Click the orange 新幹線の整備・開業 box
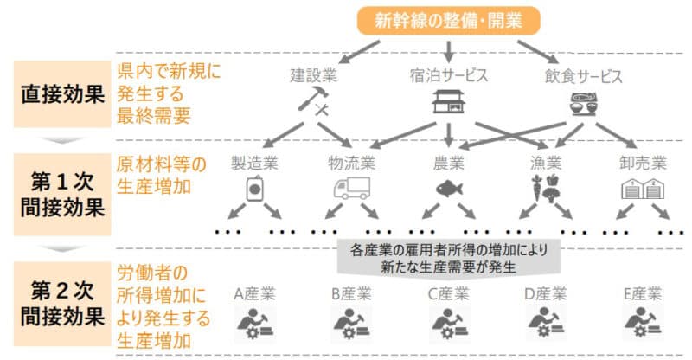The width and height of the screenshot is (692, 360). (x=448, y=20)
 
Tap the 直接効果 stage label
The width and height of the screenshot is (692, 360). (x=62, y=94)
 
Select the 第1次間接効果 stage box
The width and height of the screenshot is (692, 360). (x=62, y=195)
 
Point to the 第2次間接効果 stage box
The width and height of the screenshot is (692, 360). (x=62, y=304)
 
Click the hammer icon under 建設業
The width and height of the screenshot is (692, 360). (x=314, y=101)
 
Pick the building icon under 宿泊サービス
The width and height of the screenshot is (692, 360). (x=448, y=101)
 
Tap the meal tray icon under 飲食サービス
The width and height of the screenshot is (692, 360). (x=583, y=104)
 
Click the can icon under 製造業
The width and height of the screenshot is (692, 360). (x=254, y=189)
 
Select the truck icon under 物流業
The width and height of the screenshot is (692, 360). (x=352, y=189)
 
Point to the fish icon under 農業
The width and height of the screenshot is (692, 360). (x=449, y=189)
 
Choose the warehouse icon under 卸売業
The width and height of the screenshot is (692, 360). (x=643, y=189)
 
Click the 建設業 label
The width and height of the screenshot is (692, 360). (x=314, y=75)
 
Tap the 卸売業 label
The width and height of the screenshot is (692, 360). (x=643, y=163)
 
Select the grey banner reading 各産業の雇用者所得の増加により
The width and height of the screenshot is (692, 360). (x=448, y=259)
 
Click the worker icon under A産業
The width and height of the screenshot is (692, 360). (x=254, y=325)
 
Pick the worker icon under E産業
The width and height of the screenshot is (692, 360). (x=643, y=324)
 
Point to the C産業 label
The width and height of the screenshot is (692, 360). (x=448, y=293)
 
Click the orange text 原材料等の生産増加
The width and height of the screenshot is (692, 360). (x=161, y=176)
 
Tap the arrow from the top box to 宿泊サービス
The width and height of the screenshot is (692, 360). (x=448, y=52)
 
